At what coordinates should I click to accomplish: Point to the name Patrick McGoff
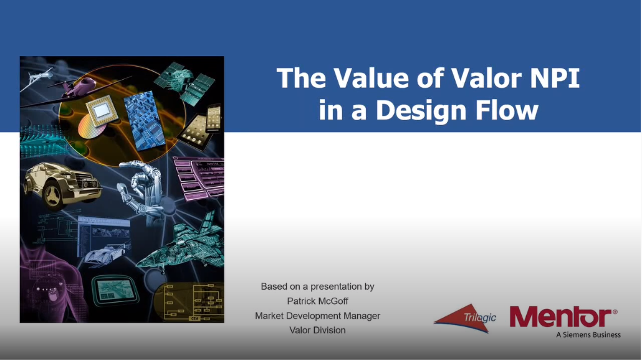318,301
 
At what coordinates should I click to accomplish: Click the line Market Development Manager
318,316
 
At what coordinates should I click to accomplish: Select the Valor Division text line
318,330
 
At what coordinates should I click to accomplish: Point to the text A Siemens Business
588,334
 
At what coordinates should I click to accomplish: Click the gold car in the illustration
62,185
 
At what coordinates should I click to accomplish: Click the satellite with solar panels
185,82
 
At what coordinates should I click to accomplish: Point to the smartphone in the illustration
214,117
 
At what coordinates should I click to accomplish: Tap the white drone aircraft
37,79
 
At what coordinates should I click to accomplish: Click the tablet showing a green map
113,290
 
